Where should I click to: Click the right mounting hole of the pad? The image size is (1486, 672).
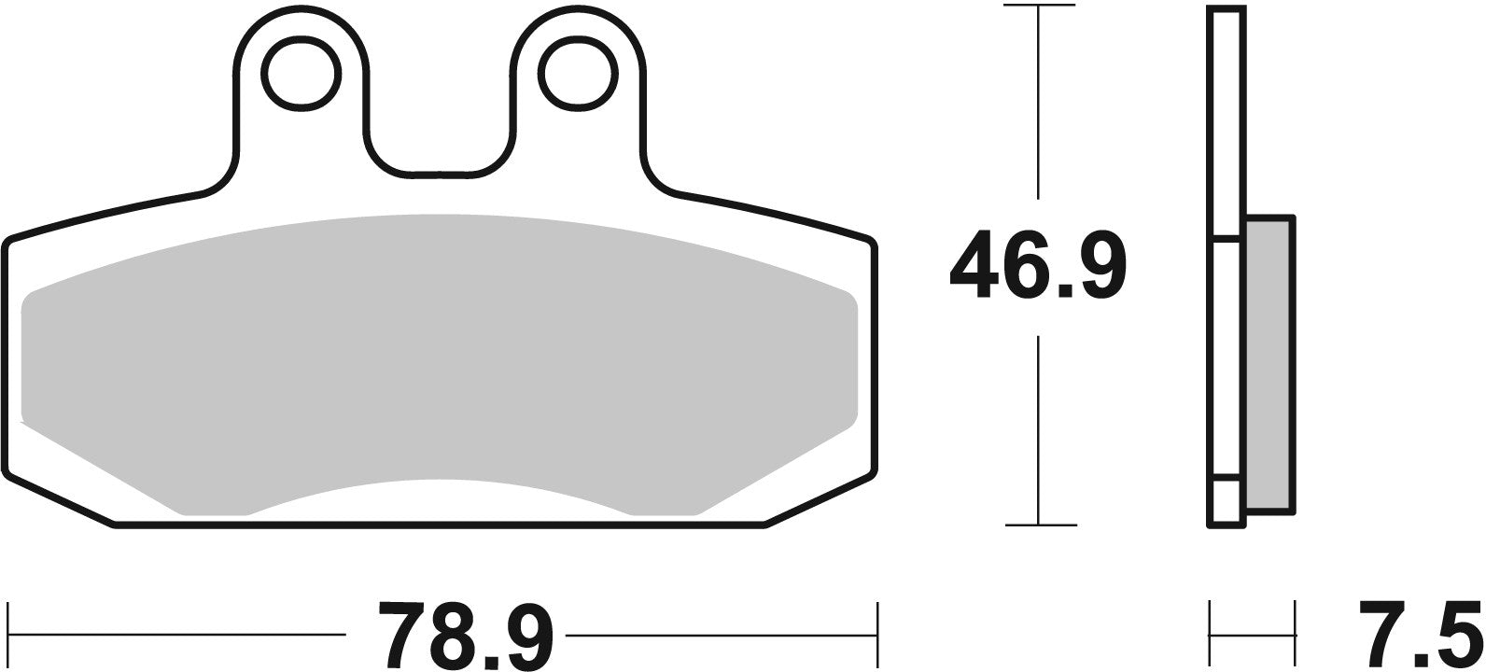pyautogui.click(x=579, y=72)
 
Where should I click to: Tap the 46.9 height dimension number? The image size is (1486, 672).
pyautogui.click(x=1037, y=268)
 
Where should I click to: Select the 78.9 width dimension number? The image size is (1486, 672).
pyautogui.click(x=466, y=637)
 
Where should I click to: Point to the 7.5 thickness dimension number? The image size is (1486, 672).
pyautogui.click(x=1420, y=637)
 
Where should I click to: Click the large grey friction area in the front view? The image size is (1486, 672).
pyautogui.click(x=439, y=355)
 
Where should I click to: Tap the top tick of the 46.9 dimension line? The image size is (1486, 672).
pyautogui.click(x=1039, y=7)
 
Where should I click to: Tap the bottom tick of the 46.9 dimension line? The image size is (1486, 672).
pyautogui.click(x=1039, y=525)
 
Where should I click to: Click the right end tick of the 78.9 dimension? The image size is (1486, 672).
pyautogui.click(x=877, y=634)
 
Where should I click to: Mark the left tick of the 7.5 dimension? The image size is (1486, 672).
pyautogui.click(x=1211, y=634)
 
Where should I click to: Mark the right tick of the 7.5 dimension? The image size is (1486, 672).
pyautogui.click(x=1295, y=634)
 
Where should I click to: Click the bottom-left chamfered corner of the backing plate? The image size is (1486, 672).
pyautogui.click(x=56, y=498)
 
